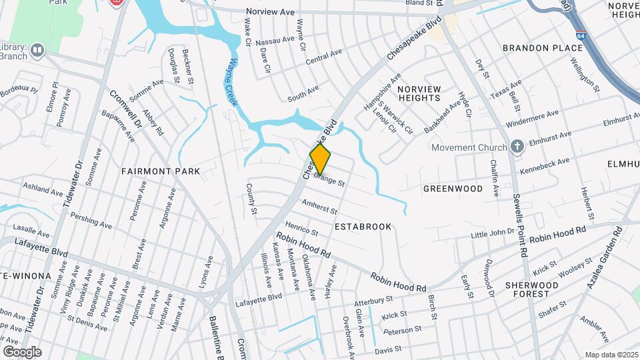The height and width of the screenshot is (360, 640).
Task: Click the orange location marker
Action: coord(321,159)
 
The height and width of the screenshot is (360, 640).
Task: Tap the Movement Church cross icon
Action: coord(517,147)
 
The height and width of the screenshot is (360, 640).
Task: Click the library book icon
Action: coord(37,49)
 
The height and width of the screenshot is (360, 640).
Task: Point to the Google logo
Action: coord(22,352)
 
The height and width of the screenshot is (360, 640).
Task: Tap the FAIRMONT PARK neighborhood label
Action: coord(161,171)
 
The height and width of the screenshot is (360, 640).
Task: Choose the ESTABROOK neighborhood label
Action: coord(363,227)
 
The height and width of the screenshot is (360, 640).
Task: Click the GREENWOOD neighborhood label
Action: coord(453,189)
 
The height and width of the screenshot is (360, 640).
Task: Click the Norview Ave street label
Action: coord(270,12)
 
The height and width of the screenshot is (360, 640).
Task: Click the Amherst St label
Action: coord(316,206)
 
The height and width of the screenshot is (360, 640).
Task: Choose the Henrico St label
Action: coord(302,228)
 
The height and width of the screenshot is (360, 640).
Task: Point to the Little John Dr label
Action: coord(493,233)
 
